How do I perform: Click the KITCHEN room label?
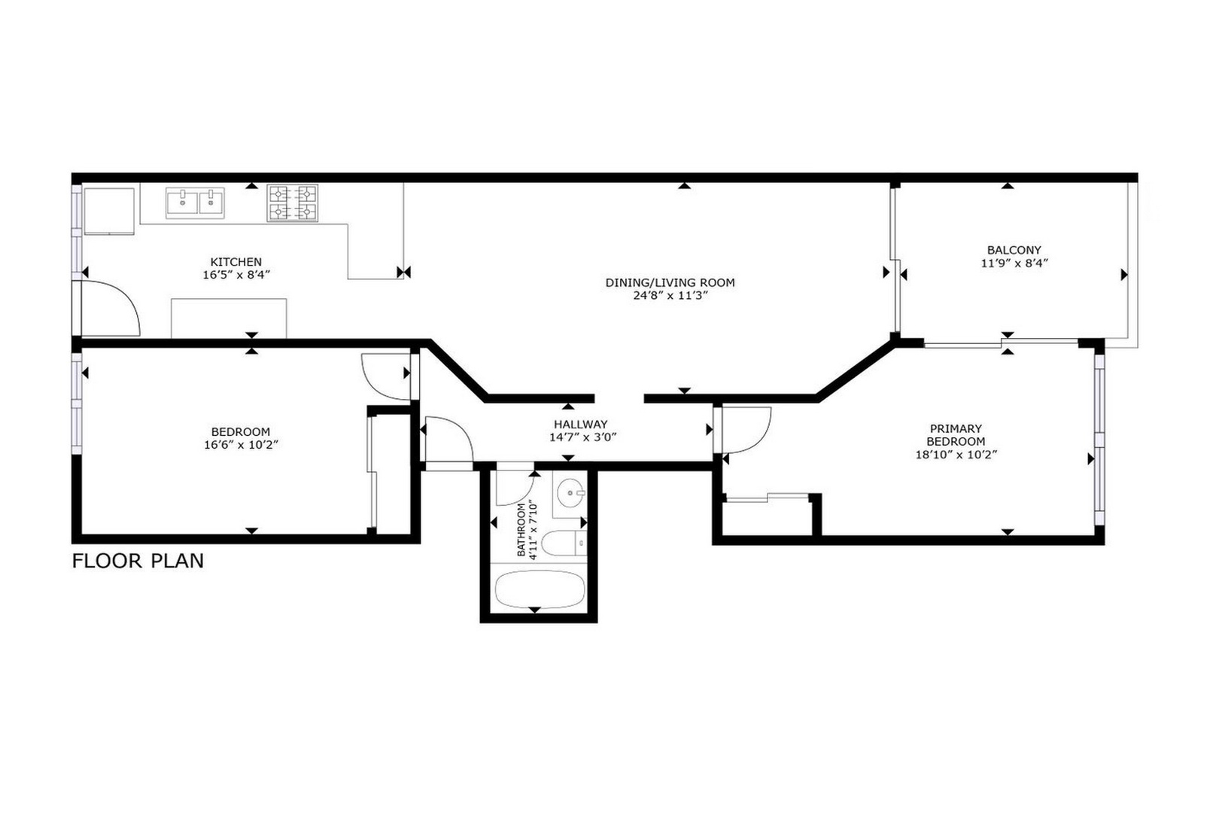236,262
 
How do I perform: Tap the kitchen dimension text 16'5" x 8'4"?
236,276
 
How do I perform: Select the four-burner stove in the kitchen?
293,203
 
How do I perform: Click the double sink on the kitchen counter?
195,202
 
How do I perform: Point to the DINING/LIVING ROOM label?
670,282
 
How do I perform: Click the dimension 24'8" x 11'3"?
670,296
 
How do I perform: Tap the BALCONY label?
1014,250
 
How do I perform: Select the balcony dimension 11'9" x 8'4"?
1014,263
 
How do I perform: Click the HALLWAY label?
580,424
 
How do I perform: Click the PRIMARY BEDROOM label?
955,435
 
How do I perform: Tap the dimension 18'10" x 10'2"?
955,455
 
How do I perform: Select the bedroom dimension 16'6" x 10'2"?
240,445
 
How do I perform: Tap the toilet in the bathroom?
564,543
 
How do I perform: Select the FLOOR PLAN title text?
138,561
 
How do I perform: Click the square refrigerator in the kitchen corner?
108,211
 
